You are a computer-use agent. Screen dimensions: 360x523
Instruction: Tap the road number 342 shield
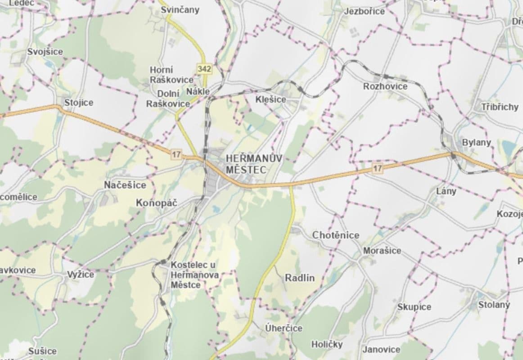(204, 69)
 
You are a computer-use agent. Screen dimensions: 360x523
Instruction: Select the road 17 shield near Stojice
(176, 154)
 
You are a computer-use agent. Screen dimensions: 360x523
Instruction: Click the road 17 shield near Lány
(377, 169)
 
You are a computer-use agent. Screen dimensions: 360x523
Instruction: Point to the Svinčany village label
(180, 10)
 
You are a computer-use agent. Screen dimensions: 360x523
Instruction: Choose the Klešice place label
(271, 99)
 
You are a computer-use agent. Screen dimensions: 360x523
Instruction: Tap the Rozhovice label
(385, 86)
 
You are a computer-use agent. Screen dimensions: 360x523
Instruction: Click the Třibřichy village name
(500, 107)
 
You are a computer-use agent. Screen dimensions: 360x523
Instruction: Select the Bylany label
(477, 143)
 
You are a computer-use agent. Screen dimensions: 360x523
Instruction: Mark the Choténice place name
(336, 235)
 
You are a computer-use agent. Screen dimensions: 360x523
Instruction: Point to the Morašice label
(382, 251)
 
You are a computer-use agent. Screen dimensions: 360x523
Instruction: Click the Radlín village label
(300, 278)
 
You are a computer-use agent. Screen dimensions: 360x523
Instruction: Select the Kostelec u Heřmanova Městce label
(194, 275)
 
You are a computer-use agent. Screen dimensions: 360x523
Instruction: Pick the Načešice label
(125, 185)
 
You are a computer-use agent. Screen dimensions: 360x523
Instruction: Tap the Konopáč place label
(157, 203)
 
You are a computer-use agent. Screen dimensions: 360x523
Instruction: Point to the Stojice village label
(78, 103)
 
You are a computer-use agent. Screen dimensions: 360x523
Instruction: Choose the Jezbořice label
(364, 11)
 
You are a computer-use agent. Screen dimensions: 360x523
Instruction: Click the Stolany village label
(494, 305)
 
